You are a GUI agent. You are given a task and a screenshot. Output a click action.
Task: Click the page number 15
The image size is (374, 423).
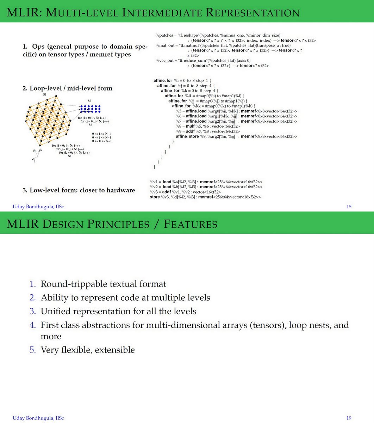(x=349, y=207)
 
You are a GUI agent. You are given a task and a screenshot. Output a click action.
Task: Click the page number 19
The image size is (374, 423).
(x=349, y=418)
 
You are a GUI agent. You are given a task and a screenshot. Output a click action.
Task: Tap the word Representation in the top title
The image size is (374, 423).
(x=252, y=13)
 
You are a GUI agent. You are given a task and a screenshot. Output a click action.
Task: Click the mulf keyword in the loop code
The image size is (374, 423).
(x=190, y=126)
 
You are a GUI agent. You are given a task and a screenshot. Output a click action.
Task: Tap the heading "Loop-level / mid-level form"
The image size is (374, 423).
(x=68, y=88)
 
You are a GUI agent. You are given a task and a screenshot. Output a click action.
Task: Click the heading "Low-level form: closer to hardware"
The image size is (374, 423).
(x=79, y=190)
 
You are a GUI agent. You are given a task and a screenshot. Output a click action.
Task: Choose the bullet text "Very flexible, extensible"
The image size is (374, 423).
(x=88, y=350)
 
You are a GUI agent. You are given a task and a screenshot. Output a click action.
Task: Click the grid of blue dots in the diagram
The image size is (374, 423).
(x=90, y=109)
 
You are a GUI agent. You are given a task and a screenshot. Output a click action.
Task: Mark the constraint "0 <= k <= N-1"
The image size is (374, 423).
(x=102, y=141)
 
